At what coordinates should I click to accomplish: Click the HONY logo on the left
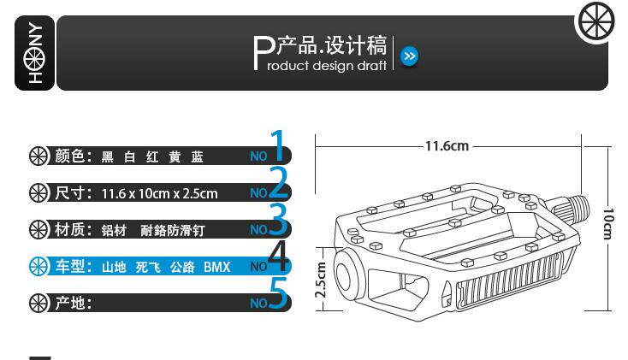(x=36, y=53)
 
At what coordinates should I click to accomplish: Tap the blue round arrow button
(x=410, y=57)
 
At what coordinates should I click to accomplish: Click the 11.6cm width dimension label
(x=447, y=145)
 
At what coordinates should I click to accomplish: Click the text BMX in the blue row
(x=216, y=268)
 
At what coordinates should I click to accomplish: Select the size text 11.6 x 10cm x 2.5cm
(x=159, y=193)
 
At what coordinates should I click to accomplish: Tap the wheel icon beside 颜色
(x=39, y=156)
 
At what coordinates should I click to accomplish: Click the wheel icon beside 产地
(x=39, y=303)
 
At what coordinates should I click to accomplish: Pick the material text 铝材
(x=114, y=230)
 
